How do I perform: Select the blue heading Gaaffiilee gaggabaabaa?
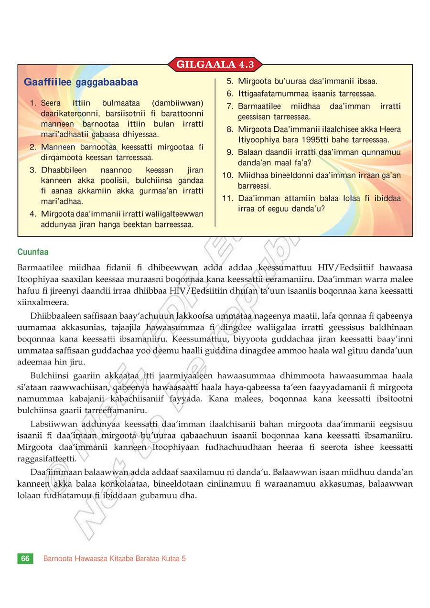[81, 83]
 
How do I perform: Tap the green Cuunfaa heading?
[33, 252]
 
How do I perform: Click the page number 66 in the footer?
[25, 558]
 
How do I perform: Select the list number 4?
[33, 214]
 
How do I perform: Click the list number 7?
[230, 106]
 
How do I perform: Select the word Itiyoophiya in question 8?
[258, 140]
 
